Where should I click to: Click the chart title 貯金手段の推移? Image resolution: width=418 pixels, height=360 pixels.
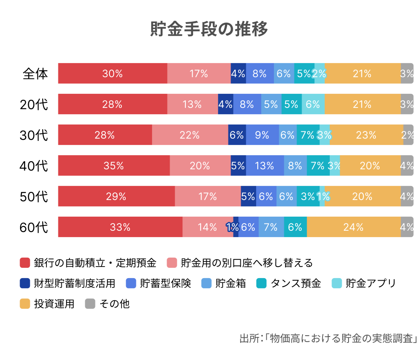[209, 29]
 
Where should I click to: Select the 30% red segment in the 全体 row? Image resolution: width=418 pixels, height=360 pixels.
[112, 73]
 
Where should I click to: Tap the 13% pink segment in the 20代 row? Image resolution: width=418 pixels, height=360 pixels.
[192, 104]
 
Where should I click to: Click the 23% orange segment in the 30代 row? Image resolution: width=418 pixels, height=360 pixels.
[366, 135]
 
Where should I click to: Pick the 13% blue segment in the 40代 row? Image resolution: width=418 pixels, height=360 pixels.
[265, 165]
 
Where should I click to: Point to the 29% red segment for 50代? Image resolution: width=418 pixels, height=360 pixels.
[116, 196]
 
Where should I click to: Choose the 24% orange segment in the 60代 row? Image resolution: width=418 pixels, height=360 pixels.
[354, 227]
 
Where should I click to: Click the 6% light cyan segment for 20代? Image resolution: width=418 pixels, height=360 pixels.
[313, 104]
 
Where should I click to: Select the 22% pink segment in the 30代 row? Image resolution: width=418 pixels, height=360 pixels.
[190, 135]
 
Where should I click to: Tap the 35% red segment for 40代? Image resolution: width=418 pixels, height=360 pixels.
[114, 165]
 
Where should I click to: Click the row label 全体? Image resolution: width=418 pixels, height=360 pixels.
[35, 74]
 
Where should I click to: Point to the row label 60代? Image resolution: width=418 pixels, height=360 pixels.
[34, 227]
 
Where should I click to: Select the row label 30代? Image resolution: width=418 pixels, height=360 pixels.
[34, 135]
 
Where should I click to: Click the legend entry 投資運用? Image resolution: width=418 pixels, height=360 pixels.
[54, 304]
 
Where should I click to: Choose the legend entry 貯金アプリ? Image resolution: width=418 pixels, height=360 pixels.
[371, 283]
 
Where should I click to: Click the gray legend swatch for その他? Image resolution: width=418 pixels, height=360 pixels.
[90, 304]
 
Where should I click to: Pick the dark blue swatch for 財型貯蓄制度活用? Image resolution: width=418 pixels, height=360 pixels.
[25, 283]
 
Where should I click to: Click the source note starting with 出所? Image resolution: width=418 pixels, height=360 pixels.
[328, 339]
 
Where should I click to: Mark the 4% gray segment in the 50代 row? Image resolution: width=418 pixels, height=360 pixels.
[407, 196]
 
